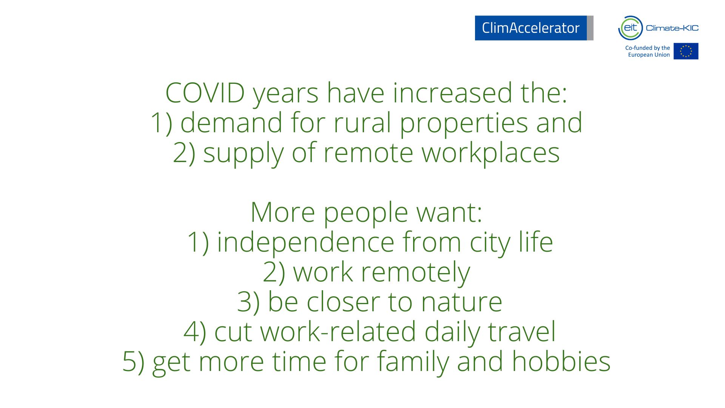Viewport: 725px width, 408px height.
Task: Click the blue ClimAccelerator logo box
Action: coord(534,28)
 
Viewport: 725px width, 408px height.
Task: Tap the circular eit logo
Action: coord(630,28)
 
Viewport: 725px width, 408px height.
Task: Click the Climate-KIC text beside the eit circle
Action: coord(672,28)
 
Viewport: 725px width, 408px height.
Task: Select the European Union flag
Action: coord(686,51)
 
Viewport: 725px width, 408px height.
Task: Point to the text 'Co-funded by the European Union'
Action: coord(648,51)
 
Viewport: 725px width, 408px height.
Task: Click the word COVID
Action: coord(205,93)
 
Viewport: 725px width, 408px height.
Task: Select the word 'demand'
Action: coord(231,123)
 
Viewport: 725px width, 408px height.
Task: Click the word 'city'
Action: coord(490,244)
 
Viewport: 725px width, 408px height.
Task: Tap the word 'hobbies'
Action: coord(561,362)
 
